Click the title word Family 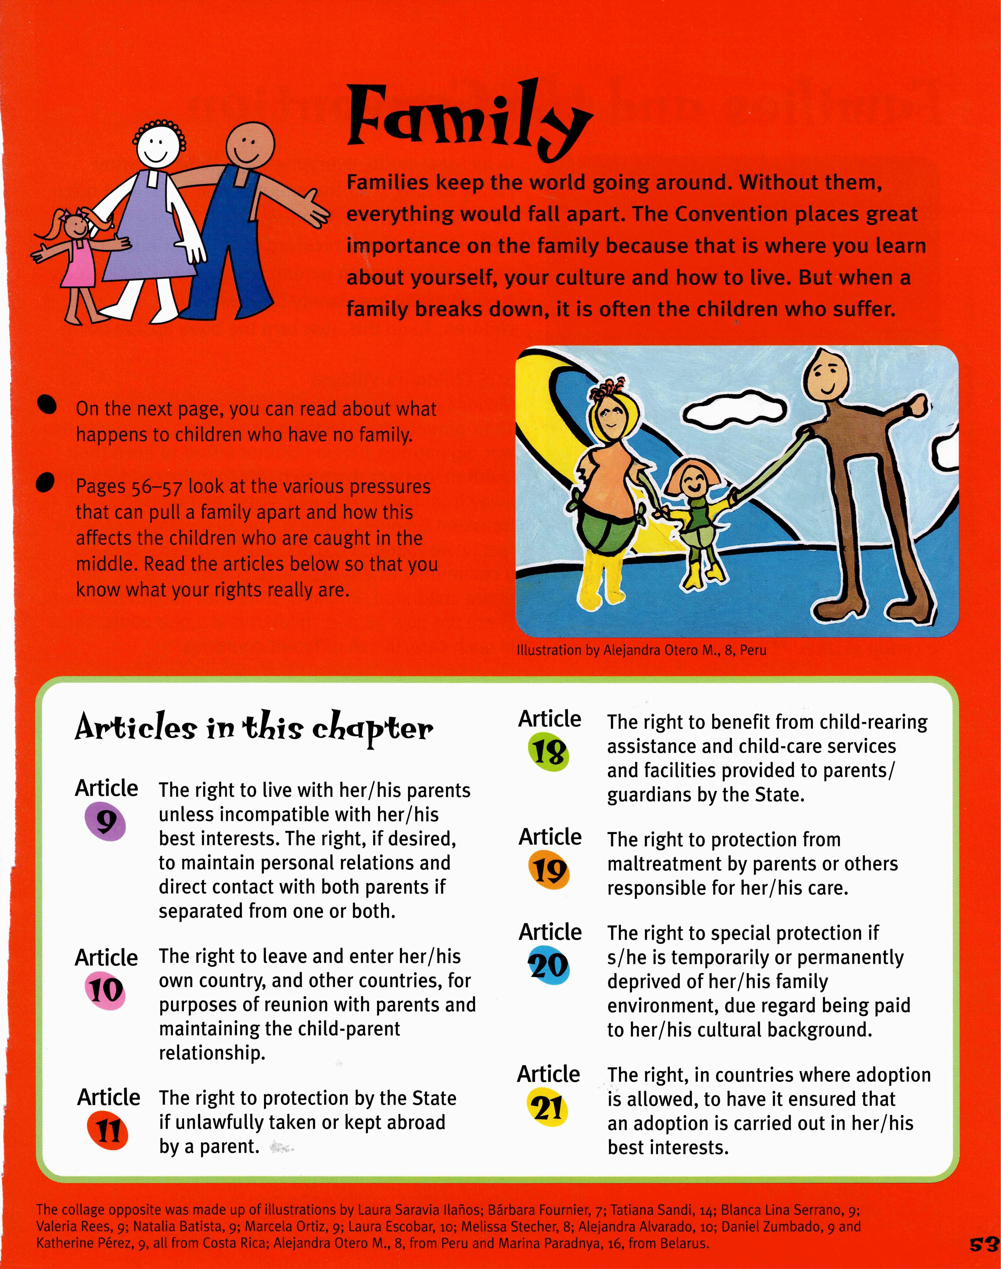[x=466, y=120]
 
